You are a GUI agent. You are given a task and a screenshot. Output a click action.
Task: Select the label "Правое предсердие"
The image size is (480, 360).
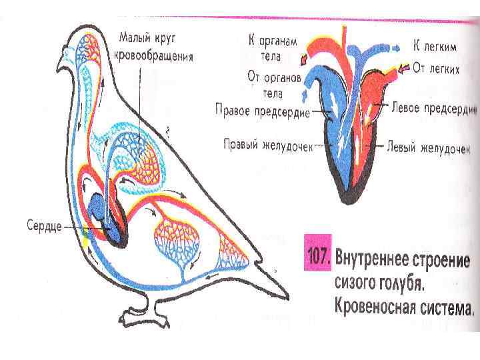coord(262,110)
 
